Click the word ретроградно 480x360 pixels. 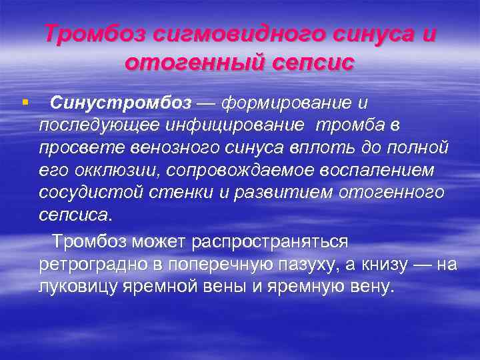pyautogui.click(x=95, y=264)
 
